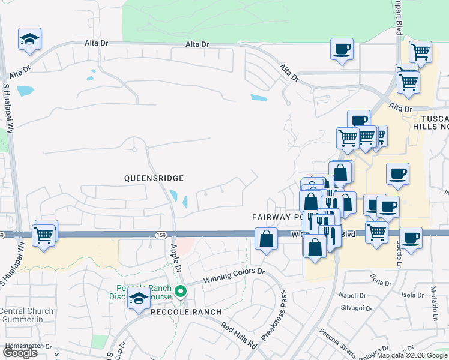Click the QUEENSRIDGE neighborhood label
(153, 178)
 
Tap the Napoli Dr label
(353, 295)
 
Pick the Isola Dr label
(412, 295)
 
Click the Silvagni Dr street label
(353, 307)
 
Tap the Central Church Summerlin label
(26, 315)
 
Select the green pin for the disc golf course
(181, 292)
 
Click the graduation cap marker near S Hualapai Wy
(29, 39)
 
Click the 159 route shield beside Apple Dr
(160, 235)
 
